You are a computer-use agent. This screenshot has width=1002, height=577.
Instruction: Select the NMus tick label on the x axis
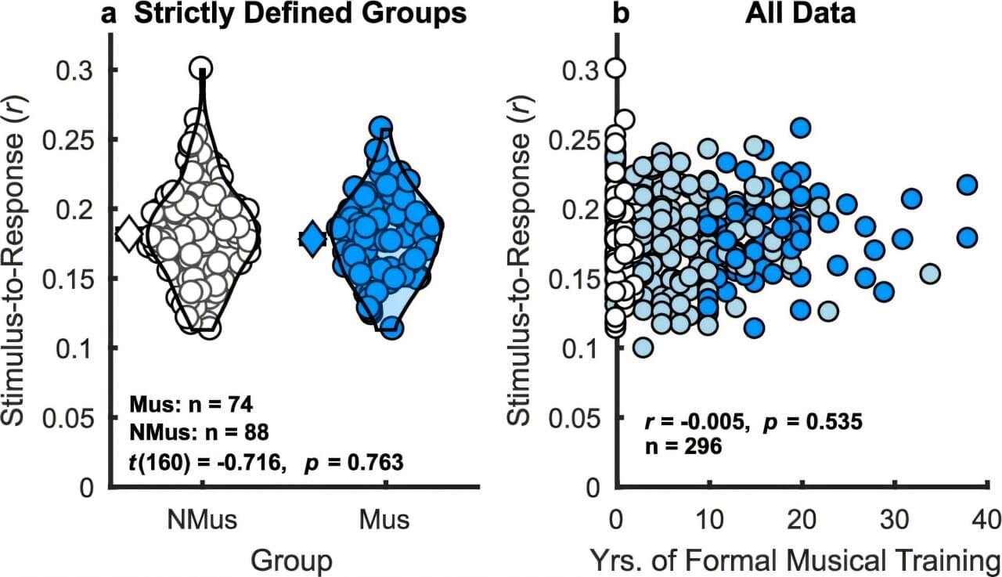tap(201, 520)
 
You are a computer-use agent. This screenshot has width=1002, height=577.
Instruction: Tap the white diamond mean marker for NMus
tap(128, 233)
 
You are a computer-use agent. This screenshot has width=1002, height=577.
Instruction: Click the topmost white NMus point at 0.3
tap(202, 68)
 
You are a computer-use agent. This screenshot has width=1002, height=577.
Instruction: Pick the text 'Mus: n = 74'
tap(190, 406)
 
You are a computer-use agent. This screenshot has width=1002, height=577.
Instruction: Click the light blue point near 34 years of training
tap(930, 274)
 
